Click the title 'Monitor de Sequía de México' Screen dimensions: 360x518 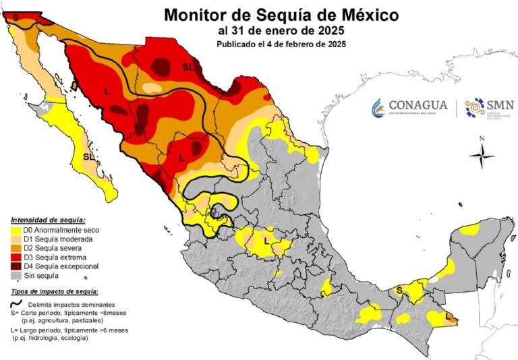pyautogui.click(x=281, y=14)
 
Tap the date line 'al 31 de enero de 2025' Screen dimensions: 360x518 pyautogui.click(x=281, y=31)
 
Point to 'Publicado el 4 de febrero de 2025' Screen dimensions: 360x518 pyautogui.click(x=281, y=44)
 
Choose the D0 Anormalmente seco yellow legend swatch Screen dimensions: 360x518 pyautogui.click(x=16, y=231)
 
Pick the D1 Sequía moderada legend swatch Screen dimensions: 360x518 pyautogui.click(x=16, y=239)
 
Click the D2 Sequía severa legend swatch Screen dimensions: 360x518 pyautogui.click(x=16, y=249)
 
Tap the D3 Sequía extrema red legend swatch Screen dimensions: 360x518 pyautogui.click(x=16, y=258)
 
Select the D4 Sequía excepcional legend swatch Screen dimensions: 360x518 pyautogui.click(x=16, y=266)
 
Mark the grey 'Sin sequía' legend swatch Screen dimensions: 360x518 pyautogui.click(x=16, y=275)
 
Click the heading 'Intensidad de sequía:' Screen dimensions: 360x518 pyautogui.click(x=48, y=220)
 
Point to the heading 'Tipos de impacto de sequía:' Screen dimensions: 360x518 pyautogui.click(x=55, y=291)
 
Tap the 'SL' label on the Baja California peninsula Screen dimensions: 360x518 pyautogui.click(x=88, y=156)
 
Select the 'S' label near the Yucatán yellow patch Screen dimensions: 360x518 pyautogui.click(x=399, y=291)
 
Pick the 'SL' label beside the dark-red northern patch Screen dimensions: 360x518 pyautogui.click(x=188, y=66)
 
